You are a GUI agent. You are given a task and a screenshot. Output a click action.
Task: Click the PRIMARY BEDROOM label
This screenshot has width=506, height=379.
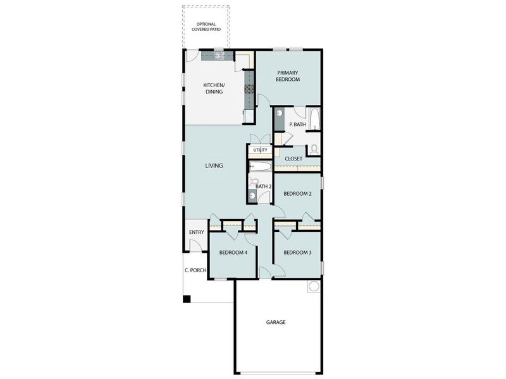[x=287, y=76]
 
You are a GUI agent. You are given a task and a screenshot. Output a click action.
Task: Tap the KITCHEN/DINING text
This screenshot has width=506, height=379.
[x=213, y=88]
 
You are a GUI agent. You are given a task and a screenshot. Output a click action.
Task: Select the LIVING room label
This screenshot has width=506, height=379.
[x=214, y=165]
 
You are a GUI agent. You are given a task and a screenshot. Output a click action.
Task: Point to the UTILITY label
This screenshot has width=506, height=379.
[x=260, y=150]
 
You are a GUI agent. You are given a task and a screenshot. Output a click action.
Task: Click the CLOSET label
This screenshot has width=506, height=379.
[x=293, y=159]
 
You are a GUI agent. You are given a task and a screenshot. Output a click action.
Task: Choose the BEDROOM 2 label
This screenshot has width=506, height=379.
[x=297, y=193]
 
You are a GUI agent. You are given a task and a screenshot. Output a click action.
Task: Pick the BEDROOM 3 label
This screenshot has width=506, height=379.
[x=297, y=253]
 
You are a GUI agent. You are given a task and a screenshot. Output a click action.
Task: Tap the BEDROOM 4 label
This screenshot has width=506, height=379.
[x=233, y=253]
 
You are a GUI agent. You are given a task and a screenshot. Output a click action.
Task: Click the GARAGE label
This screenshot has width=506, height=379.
[x=275, y=322]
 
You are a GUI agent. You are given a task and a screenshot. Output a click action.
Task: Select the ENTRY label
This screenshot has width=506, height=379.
[x=196, y=232]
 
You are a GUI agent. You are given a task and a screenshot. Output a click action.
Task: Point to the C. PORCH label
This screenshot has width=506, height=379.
[x=195, y=270]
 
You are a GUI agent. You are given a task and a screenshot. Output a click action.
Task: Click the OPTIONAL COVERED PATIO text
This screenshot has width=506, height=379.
[x=206, y=27]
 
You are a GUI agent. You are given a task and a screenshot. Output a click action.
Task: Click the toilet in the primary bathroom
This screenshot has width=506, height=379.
[x=313, y=150]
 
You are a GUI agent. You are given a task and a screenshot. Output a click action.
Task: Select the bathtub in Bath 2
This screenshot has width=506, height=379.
[x=260, y=167]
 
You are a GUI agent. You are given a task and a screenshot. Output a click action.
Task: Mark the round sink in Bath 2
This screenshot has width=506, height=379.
[x=253, y=196]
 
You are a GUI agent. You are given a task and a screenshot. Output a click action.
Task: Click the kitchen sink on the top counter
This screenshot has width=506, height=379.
[x=219, y=56]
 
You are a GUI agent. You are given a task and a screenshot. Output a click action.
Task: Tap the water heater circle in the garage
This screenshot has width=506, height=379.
[x=313, y=287]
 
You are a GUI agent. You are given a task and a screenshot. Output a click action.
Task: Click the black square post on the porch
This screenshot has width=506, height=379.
[x=187, y=299]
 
